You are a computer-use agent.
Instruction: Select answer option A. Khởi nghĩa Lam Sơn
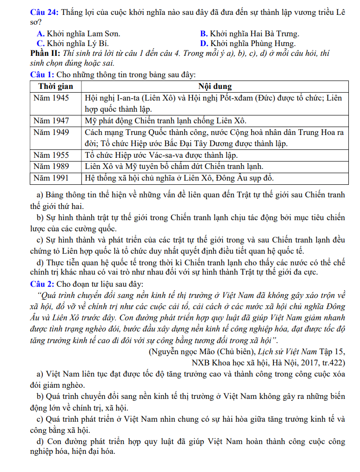click(78, 34)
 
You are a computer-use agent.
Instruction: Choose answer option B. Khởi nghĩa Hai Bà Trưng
click(249, 34)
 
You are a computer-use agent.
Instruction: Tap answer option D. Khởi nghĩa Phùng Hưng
click(247, 43)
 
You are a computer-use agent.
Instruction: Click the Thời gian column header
click(55, 87)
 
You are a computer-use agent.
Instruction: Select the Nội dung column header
click(215, 87)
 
